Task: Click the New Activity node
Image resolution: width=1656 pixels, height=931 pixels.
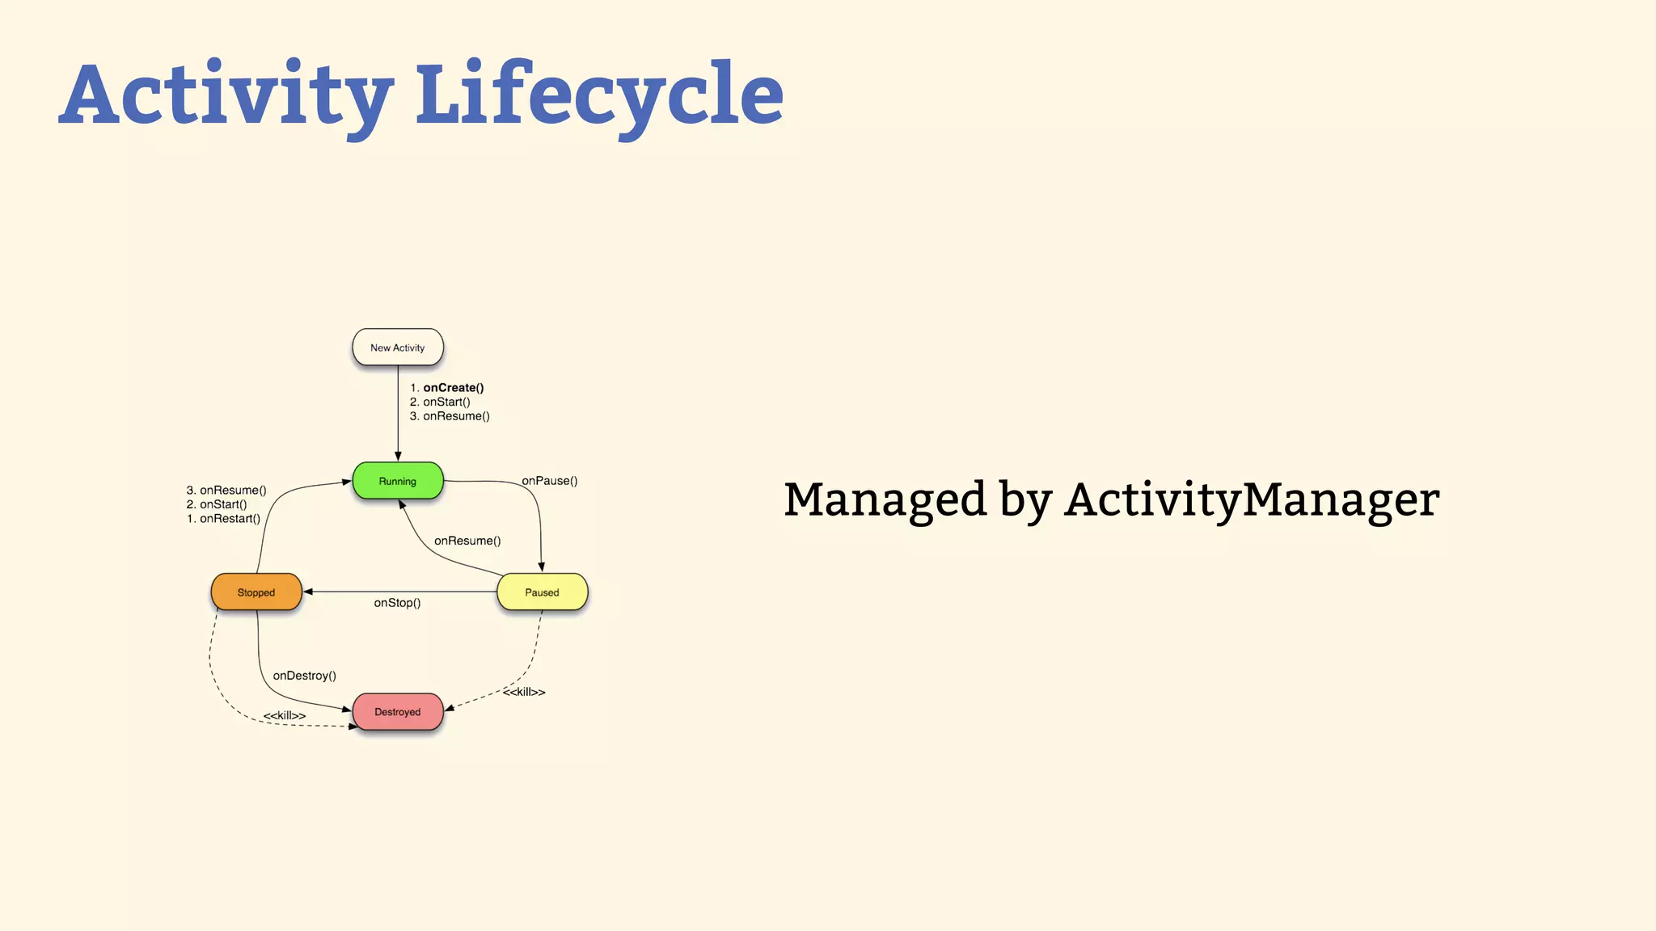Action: coord(397,348)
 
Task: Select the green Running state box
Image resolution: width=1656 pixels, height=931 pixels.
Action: coord(397,481)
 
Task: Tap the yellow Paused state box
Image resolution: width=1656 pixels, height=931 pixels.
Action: coord(542,592)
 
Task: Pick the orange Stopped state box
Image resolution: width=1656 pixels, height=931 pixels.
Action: coord(256,592)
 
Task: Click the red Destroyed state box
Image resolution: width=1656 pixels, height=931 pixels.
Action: coord(397,712)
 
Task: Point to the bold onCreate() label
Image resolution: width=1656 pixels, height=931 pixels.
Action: coord(453,388)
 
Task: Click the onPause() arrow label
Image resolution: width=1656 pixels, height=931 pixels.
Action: coord(550,481)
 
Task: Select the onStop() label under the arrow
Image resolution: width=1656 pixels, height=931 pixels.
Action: coord(397,603)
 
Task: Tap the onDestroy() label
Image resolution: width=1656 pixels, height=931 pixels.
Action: coord(304,676)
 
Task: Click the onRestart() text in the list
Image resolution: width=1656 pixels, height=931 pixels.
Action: coord(230,519)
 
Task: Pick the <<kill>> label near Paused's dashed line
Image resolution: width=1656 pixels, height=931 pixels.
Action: coord(524,693)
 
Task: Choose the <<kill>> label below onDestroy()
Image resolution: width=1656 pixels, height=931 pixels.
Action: coord(285,716)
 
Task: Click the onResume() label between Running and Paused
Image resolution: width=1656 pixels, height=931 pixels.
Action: coord(467,541)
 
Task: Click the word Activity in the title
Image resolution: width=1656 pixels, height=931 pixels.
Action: coord(226,95)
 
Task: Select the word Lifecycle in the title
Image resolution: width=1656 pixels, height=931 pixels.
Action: coord(599,95)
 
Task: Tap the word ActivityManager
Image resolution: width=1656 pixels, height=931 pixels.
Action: coord(1252,499)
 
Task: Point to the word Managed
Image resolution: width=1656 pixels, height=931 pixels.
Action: coord(885,499)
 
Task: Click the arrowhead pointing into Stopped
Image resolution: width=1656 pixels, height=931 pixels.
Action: coord(308,592)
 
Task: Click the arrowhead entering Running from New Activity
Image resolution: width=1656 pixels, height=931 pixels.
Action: coord(398,457)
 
